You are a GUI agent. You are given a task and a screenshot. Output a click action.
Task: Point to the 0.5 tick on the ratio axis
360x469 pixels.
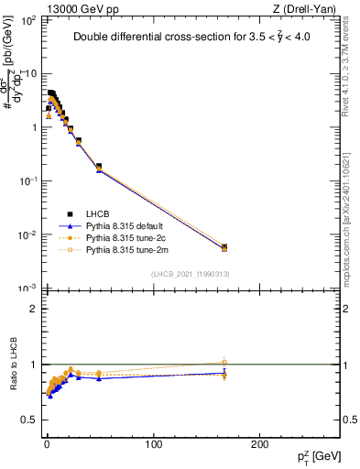tap(30, 420)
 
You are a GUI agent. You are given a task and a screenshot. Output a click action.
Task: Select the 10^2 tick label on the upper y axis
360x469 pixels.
tap(29, 20)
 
